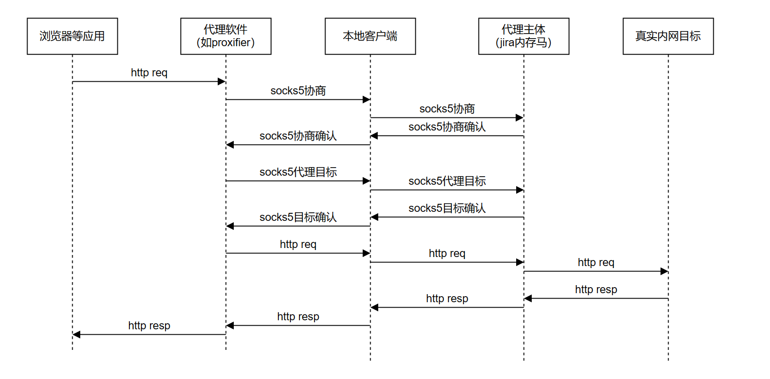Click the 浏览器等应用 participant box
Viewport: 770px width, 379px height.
tap(72, 36)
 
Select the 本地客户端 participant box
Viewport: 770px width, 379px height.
tap(370, 36)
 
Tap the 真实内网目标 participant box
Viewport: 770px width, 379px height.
tap(668, 36)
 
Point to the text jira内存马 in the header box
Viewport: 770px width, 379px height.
tap(523, 43)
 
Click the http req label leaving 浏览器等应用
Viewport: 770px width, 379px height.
tap(149, 73)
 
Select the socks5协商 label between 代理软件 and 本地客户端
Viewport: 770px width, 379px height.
tap(298, 91)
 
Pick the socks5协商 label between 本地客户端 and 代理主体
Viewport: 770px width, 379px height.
tap(447, 109)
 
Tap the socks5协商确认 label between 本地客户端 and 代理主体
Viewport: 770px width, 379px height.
tap(447, 127)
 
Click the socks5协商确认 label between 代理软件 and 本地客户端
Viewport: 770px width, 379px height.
tap(298, 136)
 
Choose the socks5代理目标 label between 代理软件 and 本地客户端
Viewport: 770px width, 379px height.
tap(298, 172)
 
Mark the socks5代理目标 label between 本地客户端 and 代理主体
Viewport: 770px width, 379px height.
tap(447, 181)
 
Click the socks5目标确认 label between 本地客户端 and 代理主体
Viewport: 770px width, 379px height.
tap(447, 208)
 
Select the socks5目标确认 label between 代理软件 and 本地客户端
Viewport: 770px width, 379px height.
tap(298, 217)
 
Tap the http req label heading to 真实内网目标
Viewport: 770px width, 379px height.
tap(596, 263)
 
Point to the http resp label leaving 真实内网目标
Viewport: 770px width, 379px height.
tap(596, 290)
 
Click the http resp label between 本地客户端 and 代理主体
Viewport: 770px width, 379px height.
tap(447, 299)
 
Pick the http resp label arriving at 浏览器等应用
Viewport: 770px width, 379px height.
tap(149, 326)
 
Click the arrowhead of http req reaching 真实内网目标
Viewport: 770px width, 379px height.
tap(664, 272)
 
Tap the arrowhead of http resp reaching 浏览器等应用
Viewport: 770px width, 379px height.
tap(76, 335)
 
